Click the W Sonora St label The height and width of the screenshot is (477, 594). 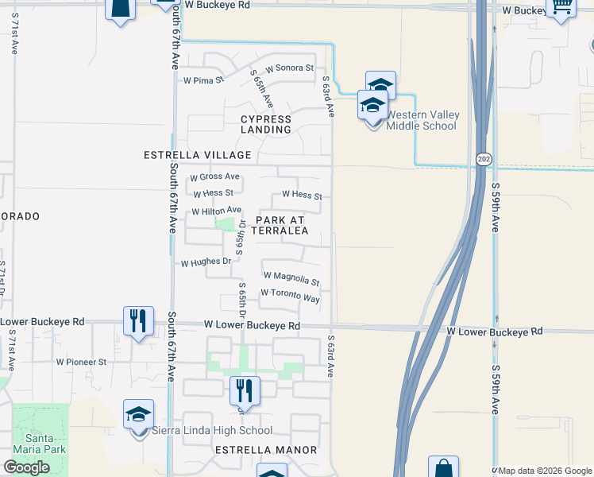pos(290,68)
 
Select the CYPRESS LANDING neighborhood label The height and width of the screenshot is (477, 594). pos(266,125)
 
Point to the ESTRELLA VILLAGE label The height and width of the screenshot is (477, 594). pos(197,155)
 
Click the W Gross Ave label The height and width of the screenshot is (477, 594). pos(214,176)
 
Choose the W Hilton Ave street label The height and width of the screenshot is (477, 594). pos(216,211)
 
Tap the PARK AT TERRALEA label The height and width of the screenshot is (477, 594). pos(280,225)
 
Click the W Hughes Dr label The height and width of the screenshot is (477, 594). pos(206,262)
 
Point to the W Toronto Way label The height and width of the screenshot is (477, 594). pos(290,296)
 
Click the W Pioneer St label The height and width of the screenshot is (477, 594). pos(81,361)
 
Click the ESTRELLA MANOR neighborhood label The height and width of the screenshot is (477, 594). pos(266,450)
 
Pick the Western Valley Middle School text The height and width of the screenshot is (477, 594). pos(422,120)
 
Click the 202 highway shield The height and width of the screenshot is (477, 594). pos(484,160)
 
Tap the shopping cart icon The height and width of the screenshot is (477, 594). pos(561,7)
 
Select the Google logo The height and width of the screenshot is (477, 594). pos(26,467)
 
